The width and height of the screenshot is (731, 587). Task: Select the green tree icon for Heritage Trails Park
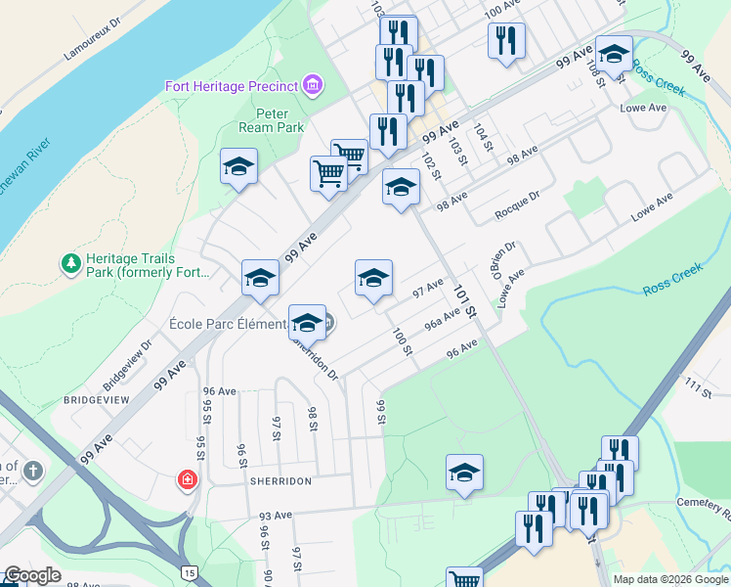[x=70, y=263]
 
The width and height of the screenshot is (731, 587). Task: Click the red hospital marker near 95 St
[x=186, y=480]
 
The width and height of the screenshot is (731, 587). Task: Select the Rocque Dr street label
[x=517, y=206]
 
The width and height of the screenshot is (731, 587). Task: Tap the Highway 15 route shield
[x=189, y=571]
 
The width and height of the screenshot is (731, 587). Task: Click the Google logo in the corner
[x=32, y=575]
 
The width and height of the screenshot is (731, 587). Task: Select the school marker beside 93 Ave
[x=465, y=473]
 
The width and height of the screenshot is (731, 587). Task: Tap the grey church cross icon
[x=33, y=472]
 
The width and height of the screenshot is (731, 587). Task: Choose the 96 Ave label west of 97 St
[x=220, y=390]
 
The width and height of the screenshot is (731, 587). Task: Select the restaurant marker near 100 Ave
[x=506, y=41]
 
